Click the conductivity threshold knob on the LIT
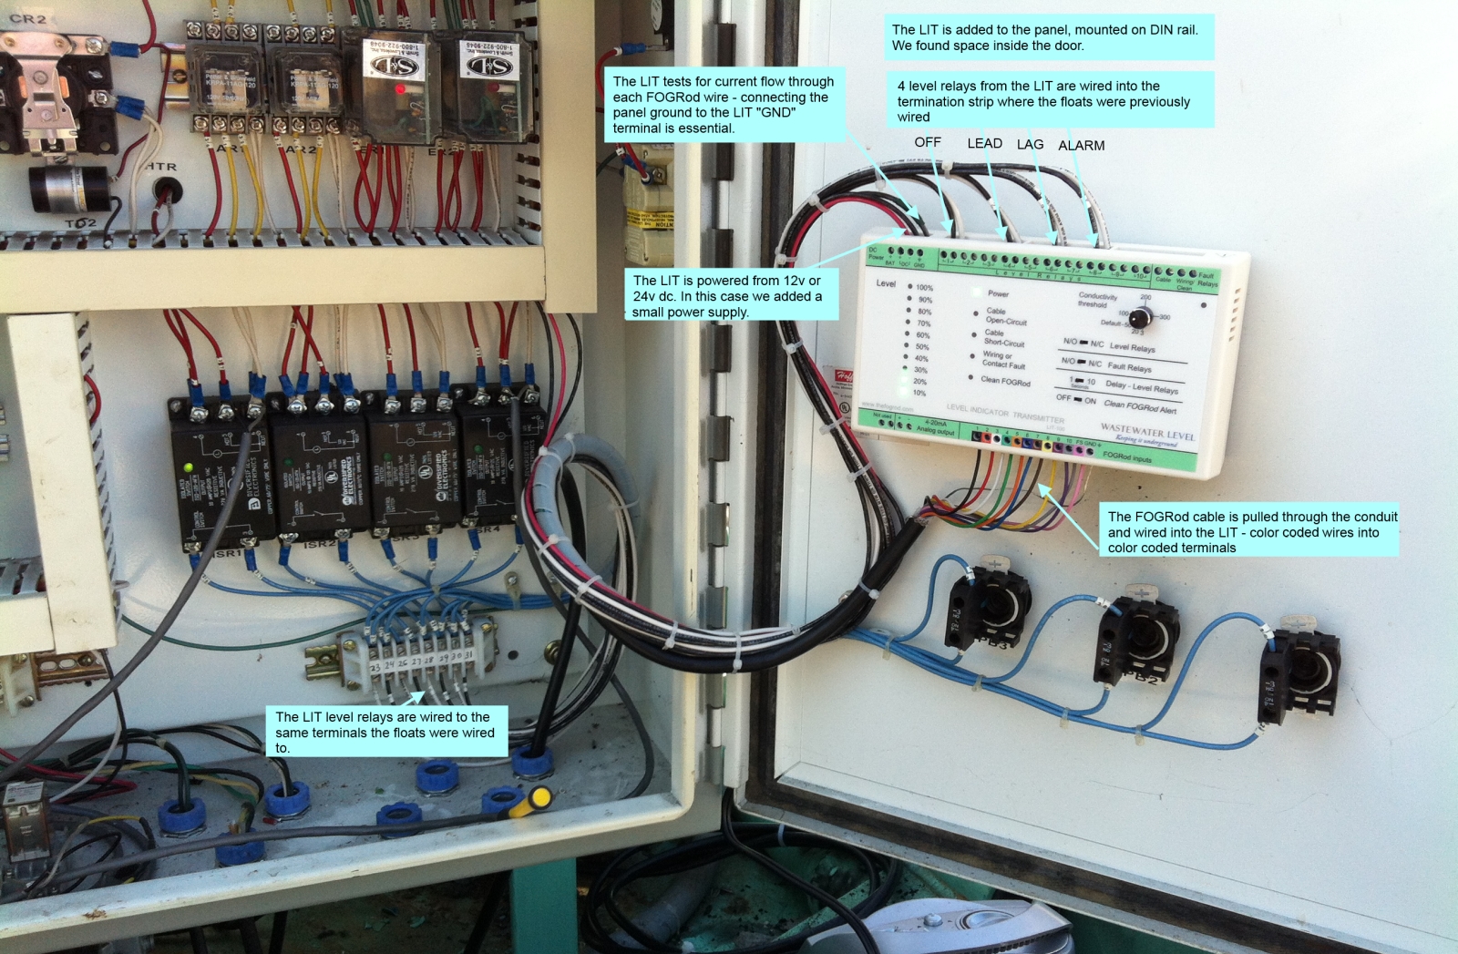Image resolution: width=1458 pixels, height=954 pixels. tap(1138, 317)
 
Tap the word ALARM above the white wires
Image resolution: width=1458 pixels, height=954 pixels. tap(1081, 146)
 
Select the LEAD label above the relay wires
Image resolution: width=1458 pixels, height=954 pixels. tap(984, 143)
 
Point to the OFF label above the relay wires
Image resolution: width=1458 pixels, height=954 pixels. tap(928, 142)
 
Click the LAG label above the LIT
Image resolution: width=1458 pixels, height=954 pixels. tap(1030, 144)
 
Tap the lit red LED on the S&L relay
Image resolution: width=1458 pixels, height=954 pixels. tap(399, 89)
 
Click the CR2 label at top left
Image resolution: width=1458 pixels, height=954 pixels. tap(27, 18)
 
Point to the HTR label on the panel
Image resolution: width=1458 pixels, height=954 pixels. tap(161, 167)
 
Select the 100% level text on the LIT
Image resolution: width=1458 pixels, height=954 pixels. tap(924, 288)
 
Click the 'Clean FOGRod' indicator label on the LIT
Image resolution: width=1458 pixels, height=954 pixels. tap(1005, 381)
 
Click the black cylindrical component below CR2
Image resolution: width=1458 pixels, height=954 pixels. tap(70, 188)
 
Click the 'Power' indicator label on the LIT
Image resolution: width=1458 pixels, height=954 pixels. tap(999, 293)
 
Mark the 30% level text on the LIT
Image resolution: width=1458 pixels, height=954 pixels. tap(921, 370)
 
